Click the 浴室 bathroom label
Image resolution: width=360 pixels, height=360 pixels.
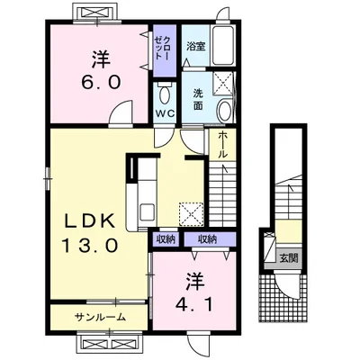tap(196, 47)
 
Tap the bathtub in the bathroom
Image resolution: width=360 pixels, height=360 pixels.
tap(222, 46)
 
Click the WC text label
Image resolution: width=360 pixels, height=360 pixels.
tap(165, 113)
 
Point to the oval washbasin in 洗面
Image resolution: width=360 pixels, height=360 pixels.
tap(224, 111)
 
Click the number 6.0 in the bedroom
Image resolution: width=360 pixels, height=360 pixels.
tap(102, 81)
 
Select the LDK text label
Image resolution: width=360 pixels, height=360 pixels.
tap(90, 221)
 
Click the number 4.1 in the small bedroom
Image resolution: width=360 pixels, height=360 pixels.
tap(194, 305)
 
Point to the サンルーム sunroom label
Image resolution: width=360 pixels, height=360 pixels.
tap(100, 317)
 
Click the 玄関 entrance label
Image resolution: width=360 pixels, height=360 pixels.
tap(289, 257)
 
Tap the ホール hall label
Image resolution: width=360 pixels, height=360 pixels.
tap(222, 145)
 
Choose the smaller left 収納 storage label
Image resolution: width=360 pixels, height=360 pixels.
tap(166, 239)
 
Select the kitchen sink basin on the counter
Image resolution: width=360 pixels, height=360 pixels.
tap(147, 212)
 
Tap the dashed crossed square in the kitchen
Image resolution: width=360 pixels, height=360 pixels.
tap(192, 213)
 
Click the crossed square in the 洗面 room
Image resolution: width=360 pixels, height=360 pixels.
tap(222, 83)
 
